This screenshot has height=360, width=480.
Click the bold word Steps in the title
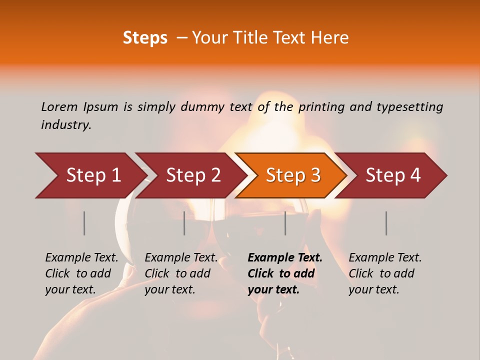click(145, 38)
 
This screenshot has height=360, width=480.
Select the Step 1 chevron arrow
click(90, 175)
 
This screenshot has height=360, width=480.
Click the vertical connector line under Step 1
click(84, 223)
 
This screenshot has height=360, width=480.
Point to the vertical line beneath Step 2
click(184, 223)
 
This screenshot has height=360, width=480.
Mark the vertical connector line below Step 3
click(285, 223)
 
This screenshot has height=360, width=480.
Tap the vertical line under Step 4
click(386, 223)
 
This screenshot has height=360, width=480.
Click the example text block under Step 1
click(81, 273)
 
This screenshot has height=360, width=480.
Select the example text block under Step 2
click(181, 273)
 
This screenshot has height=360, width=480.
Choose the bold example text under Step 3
click(285, 273)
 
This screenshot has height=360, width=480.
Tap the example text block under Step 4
click(385, 273)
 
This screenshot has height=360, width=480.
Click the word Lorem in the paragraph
click(59, 107)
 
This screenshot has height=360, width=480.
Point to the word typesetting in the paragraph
click(409, 107)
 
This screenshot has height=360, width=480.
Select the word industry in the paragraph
click(65, 125)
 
